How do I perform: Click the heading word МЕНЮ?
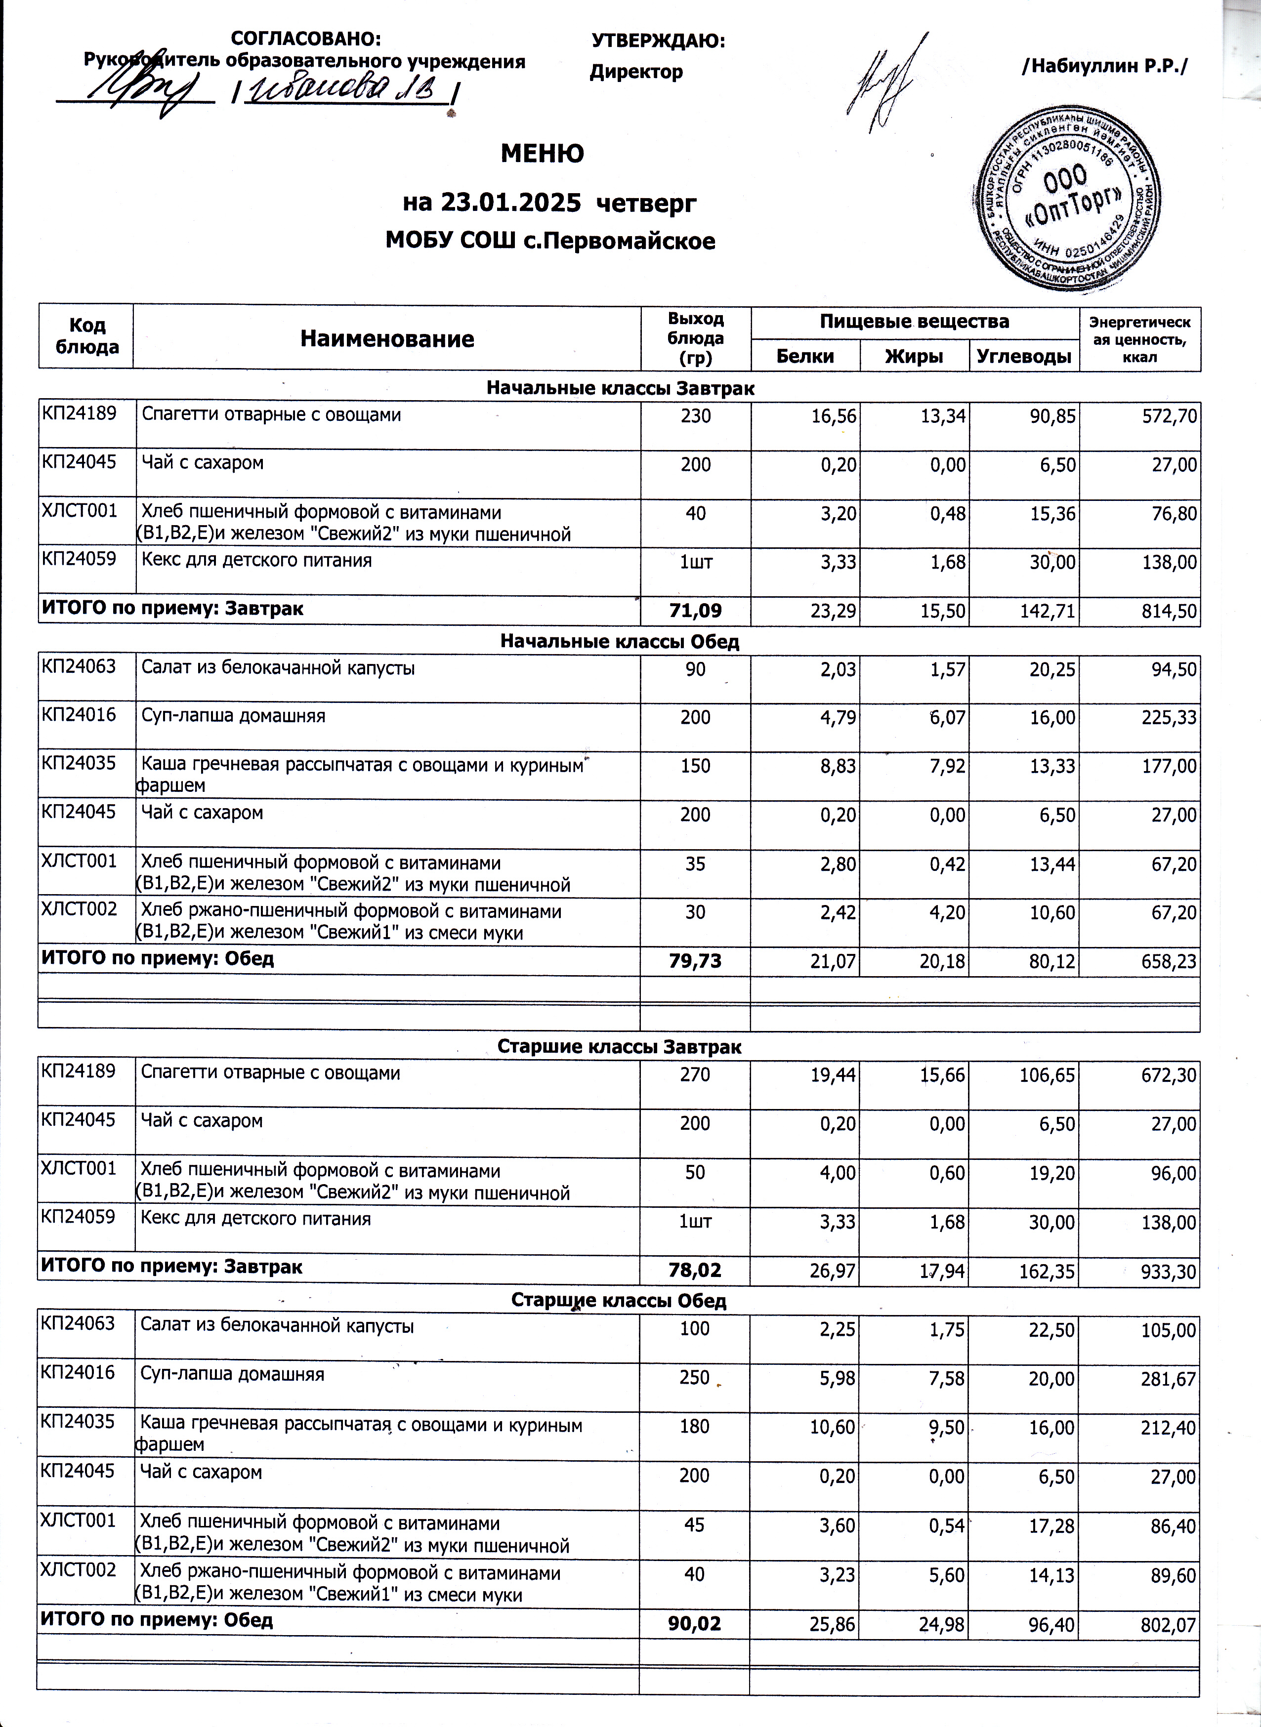[x=542, y=154]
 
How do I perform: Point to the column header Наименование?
[x=387, y=339]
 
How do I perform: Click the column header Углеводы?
[x=1024, y=356]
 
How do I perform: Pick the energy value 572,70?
[x=1170, y=416]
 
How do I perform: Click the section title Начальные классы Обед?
[x=619, y=642]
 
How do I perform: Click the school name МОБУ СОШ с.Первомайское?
[x=550, y=241]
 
